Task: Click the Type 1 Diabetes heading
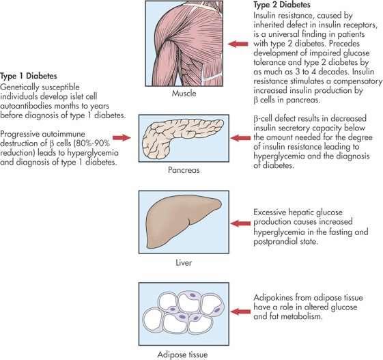(29, 76)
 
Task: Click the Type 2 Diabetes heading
(282, 5)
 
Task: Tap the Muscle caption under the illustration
(184, 94)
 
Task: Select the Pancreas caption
(184, 170)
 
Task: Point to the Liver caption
(184, 263)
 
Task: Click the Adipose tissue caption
(182, 355)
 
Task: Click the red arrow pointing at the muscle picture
(238, 44)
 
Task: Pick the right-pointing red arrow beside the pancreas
(122, 138)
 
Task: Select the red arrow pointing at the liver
(240, 223)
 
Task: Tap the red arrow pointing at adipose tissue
(240, 311)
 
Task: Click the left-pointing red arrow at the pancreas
(240, 138)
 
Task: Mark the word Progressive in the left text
(20, 134)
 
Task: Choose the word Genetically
(18, 87)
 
